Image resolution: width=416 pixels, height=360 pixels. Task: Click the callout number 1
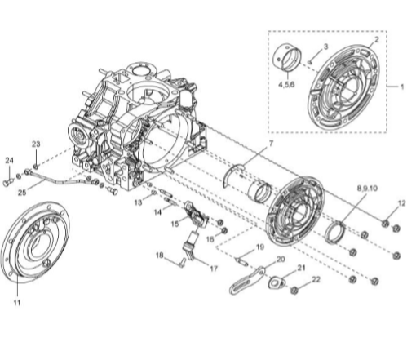coord(402,87)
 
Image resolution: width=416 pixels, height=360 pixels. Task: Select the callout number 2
coord(377,40)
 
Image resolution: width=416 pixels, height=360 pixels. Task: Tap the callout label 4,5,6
coord(286,84)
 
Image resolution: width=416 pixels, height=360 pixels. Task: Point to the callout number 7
coord(271,144)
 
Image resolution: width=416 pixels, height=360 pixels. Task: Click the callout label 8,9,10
coord(367,188)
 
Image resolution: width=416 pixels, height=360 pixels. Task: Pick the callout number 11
coord(17,303)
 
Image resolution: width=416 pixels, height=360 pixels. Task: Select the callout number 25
coord(22,193)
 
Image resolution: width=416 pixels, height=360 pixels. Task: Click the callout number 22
coord(316,280)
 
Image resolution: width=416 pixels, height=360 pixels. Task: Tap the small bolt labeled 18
coord(182,263)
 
